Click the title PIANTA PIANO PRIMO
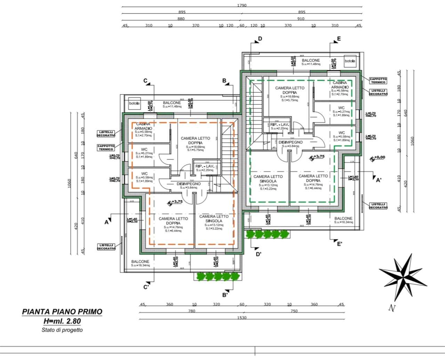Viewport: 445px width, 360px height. tap(62, 312)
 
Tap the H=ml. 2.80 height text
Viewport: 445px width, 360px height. tap(62, 321)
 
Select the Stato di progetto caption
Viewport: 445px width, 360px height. tap(62, 330)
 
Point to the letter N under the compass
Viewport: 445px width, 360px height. tap(392, 308)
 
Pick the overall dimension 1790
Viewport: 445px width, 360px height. tap(242, 5)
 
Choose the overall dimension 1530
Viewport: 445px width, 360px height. tap(242, 318)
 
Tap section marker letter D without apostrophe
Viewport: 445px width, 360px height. tap(260, 39)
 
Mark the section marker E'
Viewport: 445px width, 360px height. tap(340, 244)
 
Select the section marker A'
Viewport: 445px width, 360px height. tap(379, 180)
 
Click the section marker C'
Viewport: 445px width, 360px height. tap(147, 287)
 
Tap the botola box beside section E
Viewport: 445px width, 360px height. tap(350, 61)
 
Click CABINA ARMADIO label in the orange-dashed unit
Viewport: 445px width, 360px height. tap(143, 126)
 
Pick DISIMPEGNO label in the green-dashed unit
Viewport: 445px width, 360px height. tap(291, 142)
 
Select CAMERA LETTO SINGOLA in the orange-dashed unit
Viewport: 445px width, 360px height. tap(214, 219)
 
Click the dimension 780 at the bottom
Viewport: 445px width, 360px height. tap(192, 311)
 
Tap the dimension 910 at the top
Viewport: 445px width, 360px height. tap(301, 19)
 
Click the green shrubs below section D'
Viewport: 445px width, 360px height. tap(267, 234)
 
